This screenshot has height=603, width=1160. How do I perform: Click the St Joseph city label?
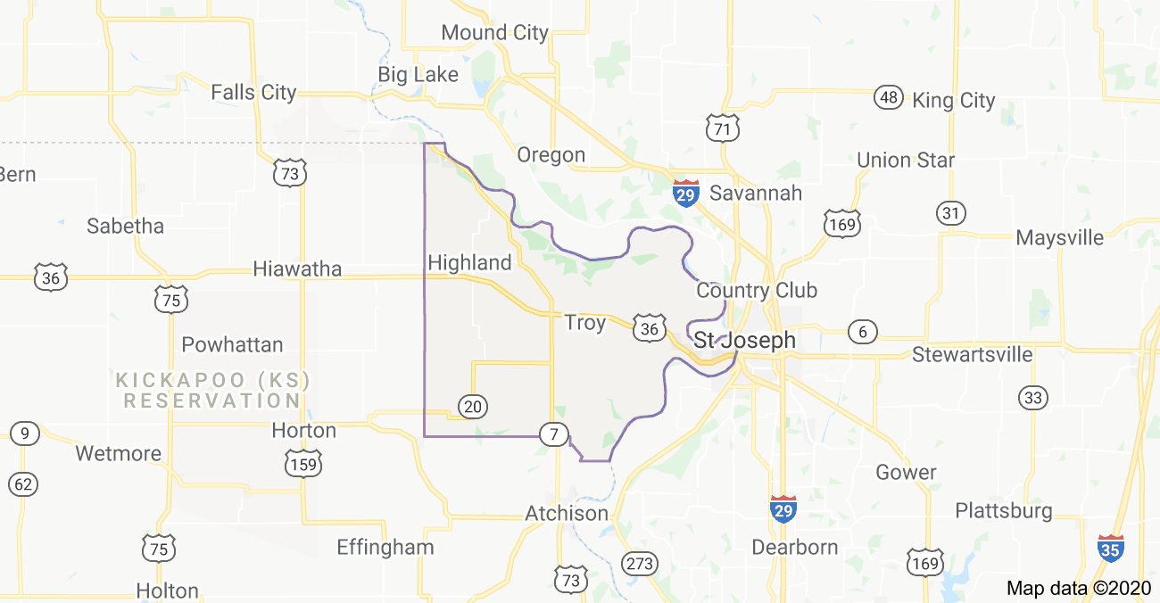tap(744, 340)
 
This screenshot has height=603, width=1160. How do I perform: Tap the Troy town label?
tap(585, 323)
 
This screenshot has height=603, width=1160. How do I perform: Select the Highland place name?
tap(470, 262)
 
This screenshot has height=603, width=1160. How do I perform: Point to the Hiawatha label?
tap(297, 268)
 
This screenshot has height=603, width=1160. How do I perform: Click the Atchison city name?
tap(567, 514)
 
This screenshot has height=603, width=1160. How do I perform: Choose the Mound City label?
tap(494, 33)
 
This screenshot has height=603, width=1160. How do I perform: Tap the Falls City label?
tap(253, 92)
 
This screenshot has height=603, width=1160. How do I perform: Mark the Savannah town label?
tap(756, 193)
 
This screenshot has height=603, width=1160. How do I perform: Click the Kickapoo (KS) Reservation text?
tap(213, 391)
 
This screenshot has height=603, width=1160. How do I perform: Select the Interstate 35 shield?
tap(1111, 547)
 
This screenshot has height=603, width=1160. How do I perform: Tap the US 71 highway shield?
tap(720, 128)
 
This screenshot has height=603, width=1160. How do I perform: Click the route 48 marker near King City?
tap(888, 98)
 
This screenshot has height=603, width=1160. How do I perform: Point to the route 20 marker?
tap(473, 407)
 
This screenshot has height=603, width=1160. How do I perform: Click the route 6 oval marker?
tap(862, 332)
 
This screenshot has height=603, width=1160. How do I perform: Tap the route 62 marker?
tap(24, 484)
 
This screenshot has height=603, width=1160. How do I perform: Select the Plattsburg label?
tap(1004, 511)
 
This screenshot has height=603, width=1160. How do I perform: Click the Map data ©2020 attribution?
tap(1079, 588)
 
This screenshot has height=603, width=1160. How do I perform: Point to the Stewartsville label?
tap(972, 354)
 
